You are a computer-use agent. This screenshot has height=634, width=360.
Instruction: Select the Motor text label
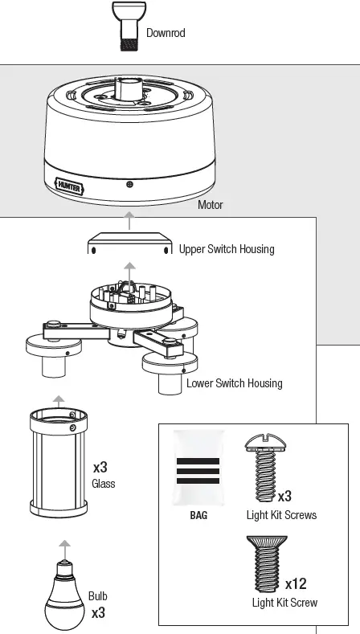click(210, 205)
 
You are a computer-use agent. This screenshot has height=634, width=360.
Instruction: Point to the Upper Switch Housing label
click(227, 249)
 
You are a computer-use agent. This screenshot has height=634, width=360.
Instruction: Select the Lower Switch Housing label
click(235, 383)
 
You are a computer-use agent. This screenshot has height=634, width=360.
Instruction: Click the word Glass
click(104, 484)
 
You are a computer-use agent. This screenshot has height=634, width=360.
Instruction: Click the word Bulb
click(98, 596)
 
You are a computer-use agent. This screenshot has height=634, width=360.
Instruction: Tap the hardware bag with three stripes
click(198, 469)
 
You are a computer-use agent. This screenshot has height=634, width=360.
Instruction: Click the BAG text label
click(198, 515)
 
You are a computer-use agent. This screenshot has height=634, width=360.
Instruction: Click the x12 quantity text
click(296, 584)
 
